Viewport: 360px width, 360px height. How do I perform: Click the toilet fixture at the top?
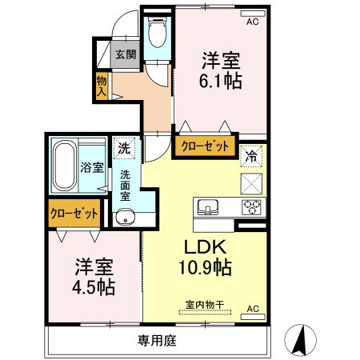point(156,34)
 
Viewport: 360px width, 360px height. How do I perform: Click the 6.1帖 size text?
point(222,81)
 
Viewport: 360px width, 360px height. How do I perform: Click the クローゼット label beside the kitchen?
point(203,147)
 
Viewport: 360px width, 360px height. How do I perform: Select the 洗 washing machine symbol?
point(124,148)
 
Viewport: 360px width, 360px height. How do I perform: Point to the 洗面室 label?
point(126,184)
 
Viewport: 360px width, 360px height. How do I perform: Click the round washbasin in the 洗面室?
point(125,217)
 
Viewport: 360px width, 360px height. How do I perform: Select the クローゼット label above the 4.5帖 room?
point(74,214)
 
